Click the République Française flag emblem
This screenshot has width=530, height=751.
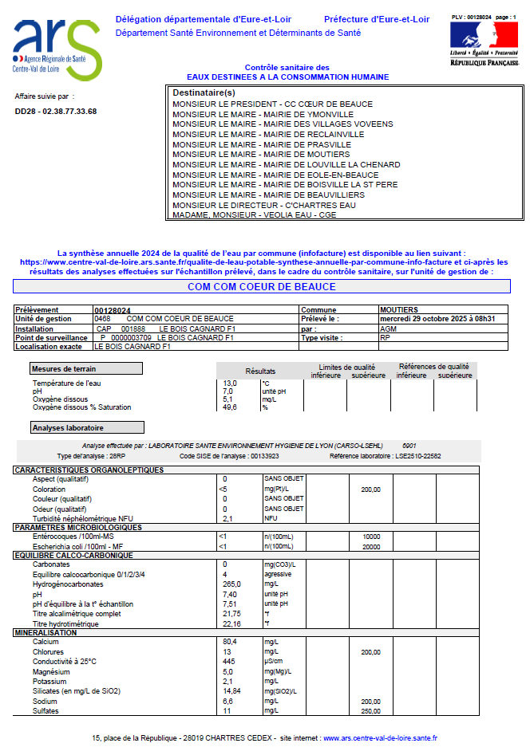click(483, 36)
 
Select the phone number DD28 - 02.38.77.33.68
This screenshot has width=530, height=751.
click(56, 112)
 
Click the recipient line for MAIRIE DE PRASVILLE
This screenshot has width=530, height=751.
click(262, 144)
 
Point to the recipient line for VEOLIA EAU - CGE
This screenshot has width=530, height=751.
click(254, 215)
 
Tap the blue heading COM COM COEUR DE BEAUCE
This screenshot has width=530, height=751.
click(262, 286)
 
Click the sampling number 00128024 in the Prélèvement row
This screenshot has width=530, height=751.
click(113, 310)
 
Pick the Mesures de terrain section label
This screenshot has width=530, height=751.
click(86, 368)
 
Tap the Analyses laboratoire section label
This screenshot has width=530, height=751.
click(87, 427)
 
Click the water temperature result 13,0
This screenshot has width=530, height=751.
click(229, 383)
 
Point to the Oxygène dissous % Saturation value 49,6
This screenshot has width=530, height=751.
click(230, 407)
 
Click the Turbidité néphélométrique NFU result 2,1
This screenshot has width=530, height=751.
click(227, 518)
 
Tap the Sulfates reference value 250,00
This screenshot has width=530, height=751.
click(370, 710)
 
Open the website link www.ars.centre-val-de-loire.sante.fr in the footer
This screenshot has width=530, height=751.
click(380, 739)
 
